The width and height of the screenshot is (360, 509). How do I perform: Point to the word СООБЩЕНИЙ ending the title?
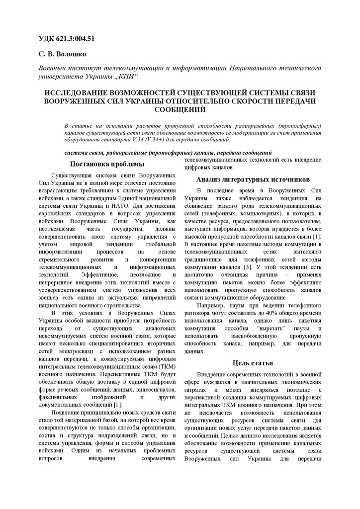coord(180,109)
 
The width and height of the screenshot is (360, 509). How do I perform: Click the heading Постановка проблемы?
coord(107,164)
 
